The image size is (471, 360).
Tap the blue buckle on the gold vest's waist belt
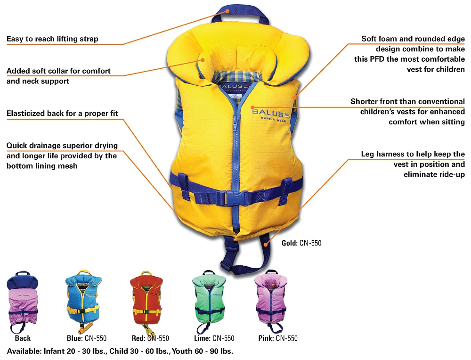click(234, 197)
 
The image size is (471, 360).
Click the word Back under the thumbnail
click(23, 338)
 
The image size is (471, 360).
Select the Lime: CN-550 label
click(214, 338)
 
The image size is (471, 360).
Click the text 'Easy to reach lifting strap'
click(52, 39)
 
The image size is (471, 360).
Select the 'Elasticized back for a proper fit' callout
click(62, 114)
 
